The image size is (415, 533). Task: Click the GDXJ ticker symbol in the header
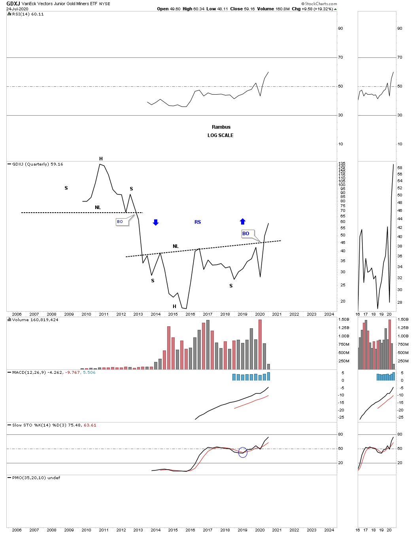[13, 4]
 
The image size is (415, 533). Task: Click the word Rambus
[221, 127]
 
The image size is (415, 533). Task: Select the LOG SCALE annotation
[220, 135]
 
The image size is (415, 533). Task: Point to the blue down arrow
[156, 223]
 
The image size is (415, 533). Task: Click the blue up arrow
[243, 221]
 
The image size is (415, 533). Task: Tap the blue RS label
[198, 222]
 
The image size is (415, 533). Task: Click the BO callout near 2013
[120, 222]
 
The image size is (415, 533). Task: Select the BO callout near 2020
[246, 234]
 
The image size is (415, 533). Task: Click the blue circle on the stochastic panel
[243, 453]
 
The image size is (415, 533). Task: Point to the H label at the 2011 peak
[101, 159]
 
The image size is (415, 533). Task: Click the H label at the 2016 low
[174, 306]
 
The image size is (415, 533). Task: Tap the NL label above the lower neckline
[175, 246]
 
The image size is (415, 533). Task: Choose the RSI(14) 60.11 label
[28, 14]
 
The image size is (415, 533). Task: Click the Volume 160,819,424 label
[35, 320]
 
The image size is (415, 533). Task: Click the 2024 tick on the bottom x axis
[329, 530]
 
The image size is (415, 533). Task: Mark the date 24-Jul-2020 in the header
[17, 9]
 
